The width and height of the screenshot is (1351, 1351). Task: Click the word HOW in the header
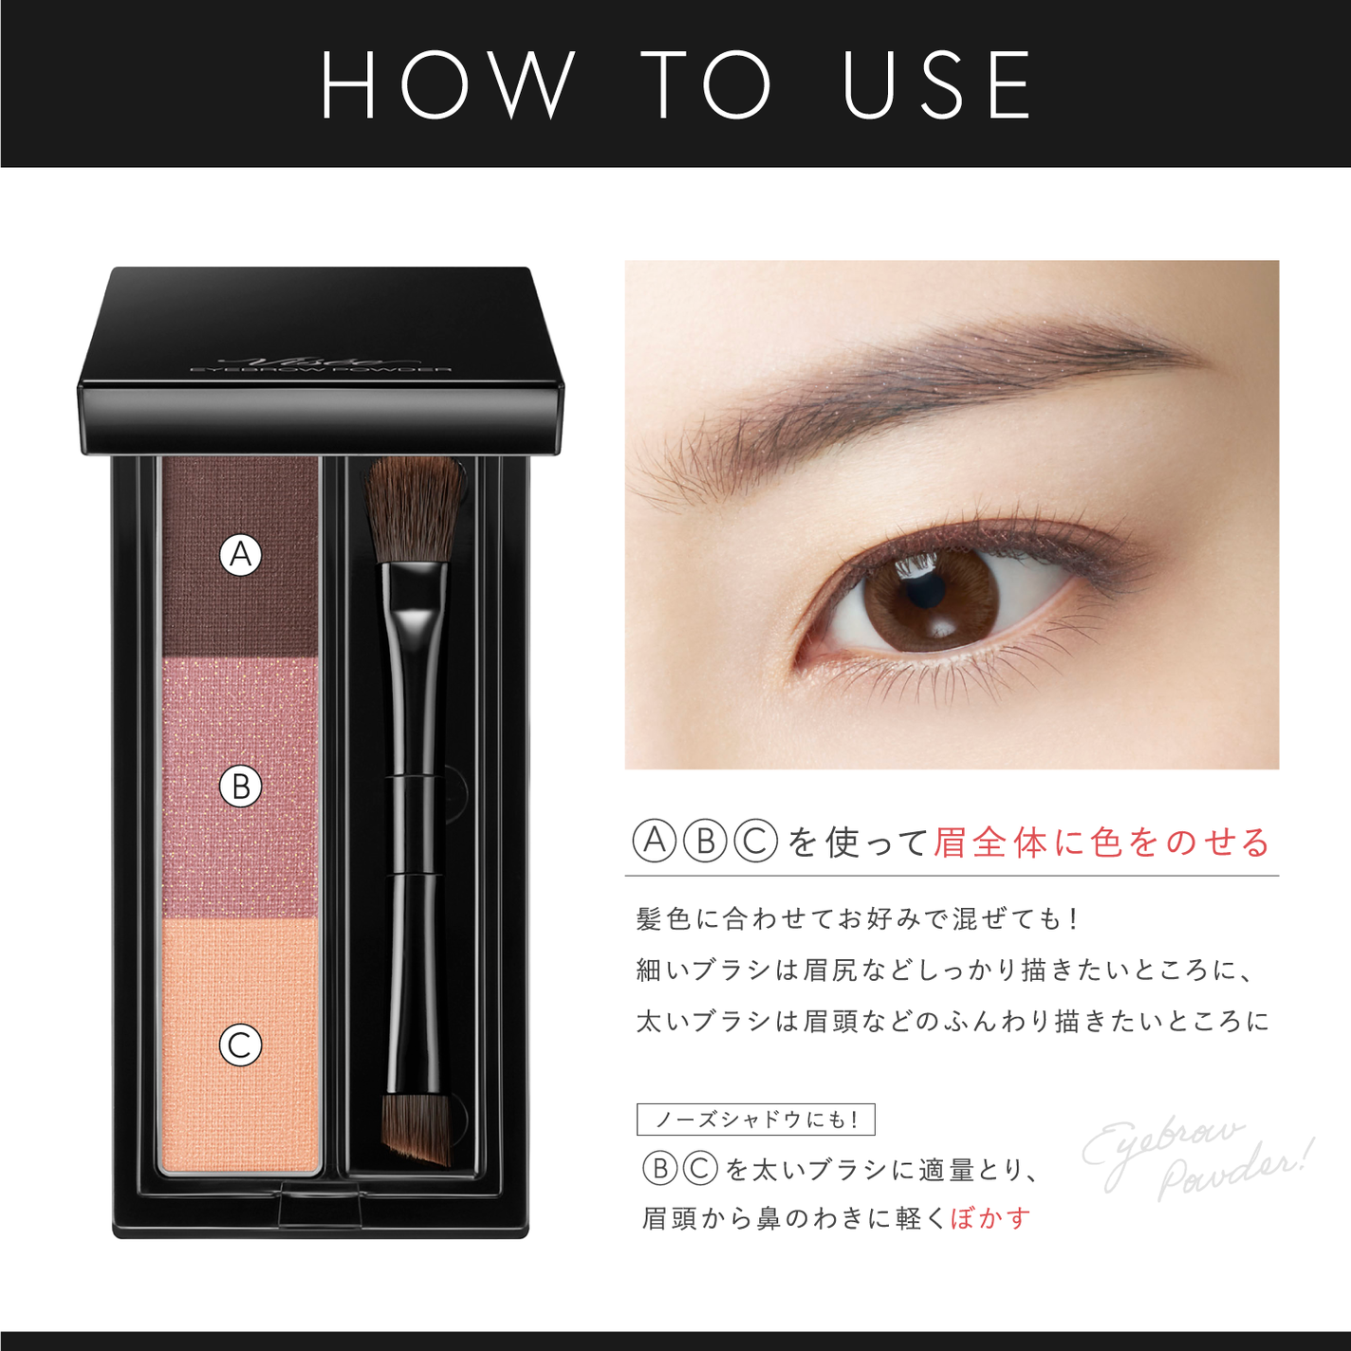[447, 85]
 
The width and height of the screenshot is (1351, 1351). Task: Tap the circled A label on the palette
[241, 554]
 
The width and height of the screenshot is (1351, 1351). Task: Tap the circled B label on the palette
[241, 787]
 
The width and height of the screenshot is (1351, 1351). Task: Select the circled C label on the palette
[241, 1046]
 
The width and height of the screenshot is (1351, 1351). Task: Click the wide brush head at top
[414, 508]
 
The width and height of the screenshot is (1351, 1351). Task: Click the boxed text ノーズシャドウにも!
[755, 1120]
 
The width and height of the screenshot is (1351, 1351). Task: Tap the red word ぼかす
[990, 1218]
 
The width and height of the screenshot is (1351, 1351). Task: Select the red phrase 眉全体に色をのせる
[1101, 842]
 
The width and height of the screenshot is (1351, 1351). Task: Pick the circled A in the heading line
[655, 842]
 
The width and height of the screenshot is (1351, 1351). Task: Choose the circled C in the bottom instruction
[701, 1169]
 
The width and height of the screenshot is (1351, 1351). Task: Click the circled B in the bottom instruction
[660, 1169]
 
